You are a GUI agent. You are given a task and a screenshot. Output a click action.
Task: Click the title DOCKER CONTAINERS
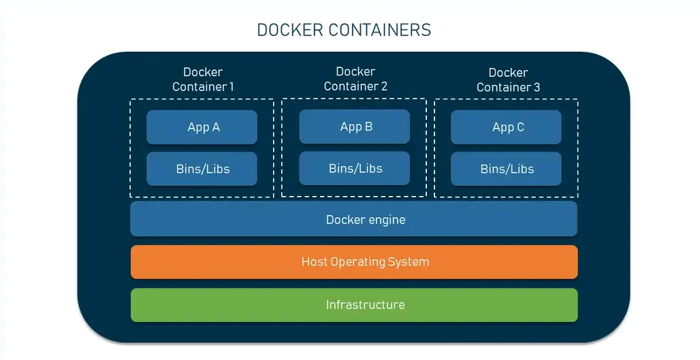click(x=344, y=30)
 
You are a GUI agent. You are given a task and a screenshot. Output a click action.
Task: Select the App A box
click(x=202, y=127)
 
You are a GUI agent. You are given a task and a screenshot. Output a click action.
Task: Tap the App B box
click(x=355, y=127)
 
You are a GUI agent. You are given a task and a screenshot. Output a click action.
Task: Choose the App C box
click(x=507, y=127)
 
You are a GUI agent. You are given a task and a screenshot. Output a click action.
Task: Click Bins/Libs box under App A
click(x=202, y=169)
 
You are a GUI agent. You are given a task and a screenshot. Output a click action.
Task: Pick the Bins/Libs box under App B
click(x=355, y=168)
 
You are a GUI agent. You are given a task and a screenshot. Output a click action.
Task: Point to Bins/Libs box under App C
click(x=507, y=169)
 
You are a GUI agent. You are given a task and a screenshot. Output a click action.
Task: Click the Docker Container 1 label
click(x=203, y=80)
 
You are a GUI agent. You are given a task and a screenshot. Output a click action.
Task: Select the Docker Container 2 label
click(x=355, y=79)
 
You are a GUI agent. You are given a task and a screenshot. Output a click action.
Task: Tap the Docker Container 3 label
click(x=508, y=80)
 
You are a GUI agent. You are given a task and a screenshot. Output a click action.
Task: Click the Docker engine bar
click(x=354, y=219)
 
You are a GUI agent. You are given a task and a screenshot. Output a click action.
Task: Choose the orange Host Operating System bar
click(x=354, y=262)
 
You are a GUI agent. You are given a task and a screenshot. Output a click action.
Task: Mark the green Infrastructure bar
click(x=354, y=305)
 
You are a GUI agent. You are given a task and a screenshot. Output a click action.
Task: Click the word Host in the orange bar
click(x=314, y=262)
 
